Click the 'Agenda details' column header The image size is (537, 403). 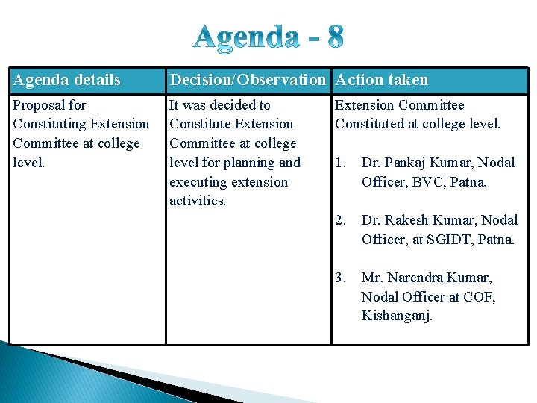pyautogui.click(x=66, y=80)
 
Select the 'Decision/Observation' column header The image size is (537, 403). pyautogui.click(x=248, y=80)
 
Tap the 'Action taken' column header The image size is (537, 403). pyautogui.click(x=382, y=80)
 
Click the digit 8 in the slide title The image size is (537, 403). pyautogui.click(x=333, y=37)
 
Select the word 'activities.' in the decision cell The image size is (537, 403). pyautogui.click(x=198, y=201)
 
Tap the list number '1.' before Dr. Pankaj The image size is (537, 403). pyautogui.click(x=342, y=163)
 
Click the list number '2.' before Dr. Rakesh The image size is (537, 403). pyautogui.click(x=342, y=220)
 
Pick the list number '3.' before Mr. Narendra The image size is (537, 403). pyautogui.click(x=342, y=278)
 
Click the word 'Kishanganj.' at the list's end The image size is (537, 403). pyautogui.click(x=397, y=316)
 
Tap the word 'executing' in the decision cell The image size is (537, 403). pyautogui.click(x=199, y=182)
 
